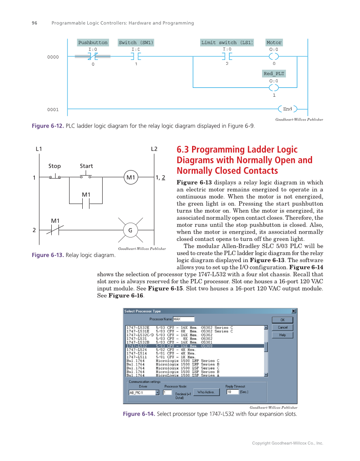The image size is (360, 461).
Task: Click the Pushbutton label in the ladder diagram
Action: (93, 42)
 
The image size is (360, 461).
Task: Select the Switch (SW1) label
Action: (136, 42)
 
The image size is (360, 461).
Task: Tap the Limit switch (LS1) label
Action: (227, 42)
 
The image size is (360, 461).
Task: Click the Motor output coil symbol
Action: (274, 57)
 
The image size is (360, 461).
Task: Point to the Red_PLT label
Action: (274, 74)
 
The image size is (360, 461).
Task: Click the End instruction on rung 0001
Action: (287, 109)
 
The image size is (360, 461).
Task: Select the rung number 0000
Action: (53, 57)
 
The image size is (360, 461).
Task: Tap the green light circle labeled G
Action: (130, 230)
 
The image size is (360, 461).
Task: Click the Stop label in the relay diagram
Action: (55, 166)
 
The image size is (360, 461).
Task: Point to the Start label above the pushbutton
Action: (87, 166)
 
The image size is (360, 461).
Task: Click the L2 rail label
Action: (154, 149)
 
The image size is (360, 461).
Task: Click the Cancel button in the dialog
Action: (283, 327)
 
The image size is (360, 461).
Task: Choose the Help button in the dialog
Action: (283, 335)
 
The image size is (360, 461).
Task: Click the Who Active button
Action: (206, 392)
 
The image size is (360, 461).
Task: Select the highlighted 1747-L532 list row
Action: (195, 346)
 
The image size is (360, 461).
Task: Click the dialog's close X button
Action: (293, 311)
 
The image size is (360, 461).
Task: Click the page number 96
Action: (34, 23)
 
